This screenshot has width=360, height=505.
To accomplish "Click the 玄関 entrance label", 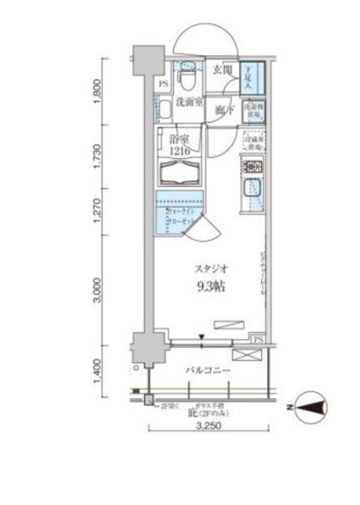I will [x=222, y=70].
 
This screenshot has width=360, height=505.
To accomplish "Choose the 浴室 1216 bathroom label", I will [x=182, y=144].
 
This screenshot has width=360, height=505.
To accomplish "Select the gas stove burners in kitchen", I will [x=254, y=169].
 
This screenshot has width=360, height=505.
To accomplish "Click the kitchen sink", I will [x=254, y=193].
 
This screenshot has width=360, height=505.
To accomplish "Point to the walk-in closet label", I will [x=176, y=218].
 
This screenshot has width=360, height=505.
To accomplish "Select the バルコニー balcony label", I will [x=208, y=370].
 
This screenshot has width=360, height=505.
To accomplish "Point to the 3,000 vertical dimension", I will [x=97, y=287].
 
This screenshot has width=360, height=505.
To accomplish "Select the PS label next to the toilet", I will [x=164, y=83].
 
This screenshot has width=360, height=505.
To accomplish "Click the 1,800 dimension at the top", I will [x=97, y=90].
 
